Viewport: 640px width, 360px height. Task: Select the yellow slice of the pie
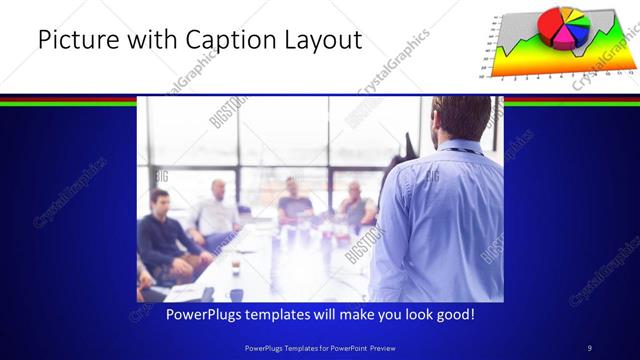click(x=570, y=14)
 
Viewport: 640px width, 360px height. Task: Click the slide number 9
click(x=590, y=347)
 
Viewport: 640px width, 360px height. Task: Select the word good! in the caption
click(x=452, y=314)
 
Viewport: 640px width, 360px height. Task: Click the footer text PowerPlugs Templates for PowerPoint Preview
click(x=319, y=347)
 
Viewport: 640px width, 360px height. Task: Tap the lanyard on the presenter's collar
click(x=455, y=150)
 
